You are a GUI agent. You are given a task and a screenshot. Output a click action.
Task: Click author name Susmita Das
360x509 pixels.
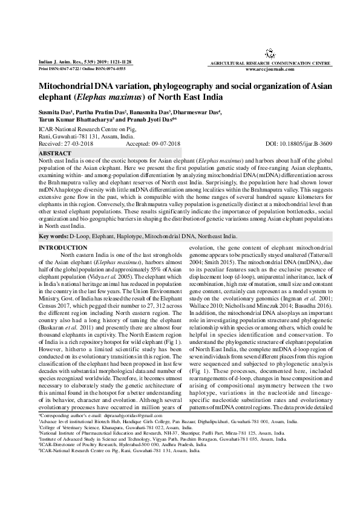coord(57,112)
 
